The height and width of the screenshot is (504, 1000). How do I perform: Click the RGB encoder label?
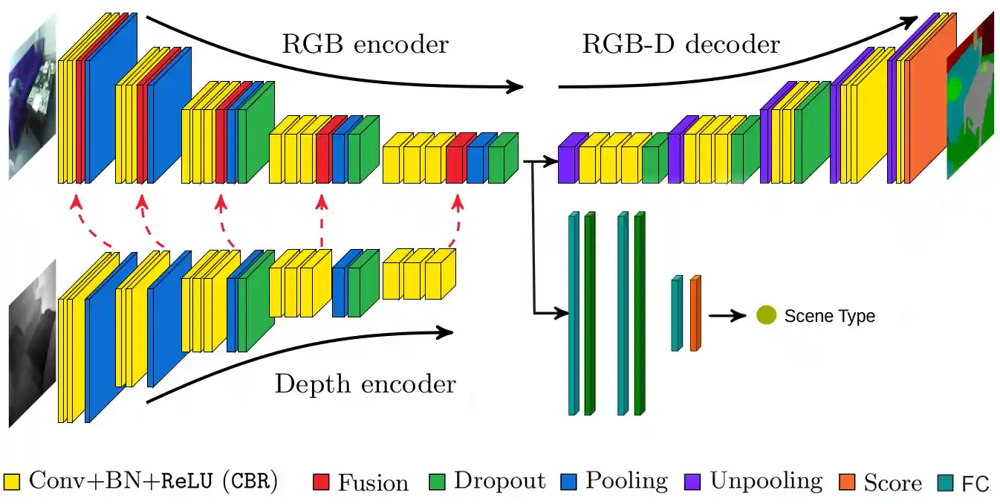tap(365, 45)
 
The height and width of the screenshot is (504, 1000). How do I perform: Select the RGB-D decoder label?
tap(681, 45)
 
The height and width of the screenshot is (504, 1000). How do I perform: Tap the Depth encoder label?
tap(365, 384)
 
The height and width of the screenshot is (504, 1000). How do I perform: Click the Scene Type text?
tap(829, 316)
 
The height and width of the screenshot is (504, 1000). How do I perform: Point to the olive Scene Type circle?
tap(766, 315)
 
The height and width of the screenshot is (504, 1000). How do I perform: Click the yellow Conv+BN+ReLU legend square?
tap(11, 482)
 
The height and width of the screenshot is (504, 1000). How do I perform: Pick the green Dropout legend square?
tap(437, 482)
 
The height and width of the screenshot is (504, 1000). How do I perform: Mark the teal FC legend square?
tap(946, 482)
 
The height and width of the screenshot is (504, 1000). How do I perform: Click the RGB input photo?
tap(32, 97)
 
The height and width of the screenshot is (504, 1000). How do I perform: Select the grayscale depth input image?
tap(32, 343)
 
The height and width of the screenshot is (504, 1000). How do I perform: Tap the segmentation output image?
tap(970, 97)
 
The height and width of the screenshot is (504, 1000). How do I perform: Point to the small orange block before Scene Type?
tap(695, 313)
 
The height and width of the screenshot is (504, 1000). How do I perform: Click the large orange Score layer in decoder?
tap(927, 104)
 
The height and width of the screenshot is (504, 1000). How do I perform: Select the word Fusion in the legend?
tap(373, 482)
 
